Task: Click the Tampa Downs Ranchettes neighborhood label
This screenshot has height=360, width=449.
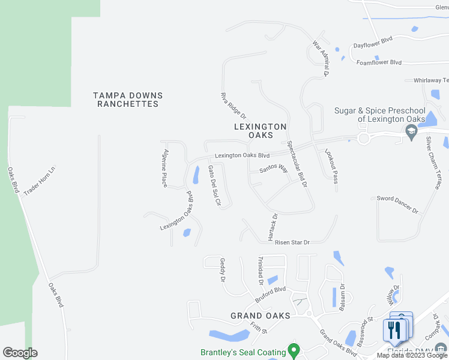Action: pyautogui.click(x=128, y=100)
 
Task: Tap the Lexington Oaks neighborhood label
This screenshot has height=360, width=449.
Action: pyautogui.click(x=260, y=131)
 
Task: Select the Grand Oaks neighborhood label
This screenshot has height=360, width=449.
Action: pyautogui.click(x=261, y=316)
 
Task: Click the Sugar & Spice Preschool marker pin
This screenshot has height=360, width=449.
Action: pyautogui.click(x=411, y=133)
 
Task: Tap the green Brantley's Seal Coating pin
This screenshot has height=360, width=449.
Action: pyautogui.click(x=294, y=349)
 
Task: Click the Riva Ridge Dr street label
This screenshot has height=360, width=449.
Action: pyautogui.click(x=234, y=105)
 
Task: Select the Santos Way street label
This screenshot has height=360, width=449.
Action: pyautogui.click(x=274, y=170)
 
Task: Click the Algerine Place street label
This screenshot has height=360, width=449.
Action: pyautogui.click(x=164, y=169)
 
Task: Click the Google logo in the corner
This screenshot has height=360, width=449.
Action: pyautogui.click(x=20, y=353)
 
